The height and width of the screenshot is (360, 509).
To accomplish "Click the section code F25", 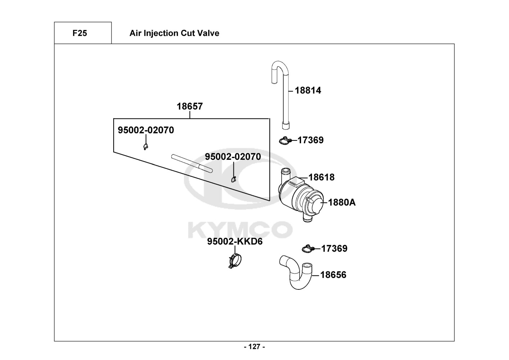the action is [x=79, y=33].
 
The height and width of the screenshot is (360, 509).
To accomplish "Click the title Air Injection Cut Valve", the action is [x=174, y=33].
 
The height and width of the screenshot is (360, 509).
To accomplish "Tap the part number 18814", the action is [x=308, y=90].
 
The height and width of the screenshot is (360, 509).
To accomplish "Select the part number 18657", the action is [x=190, y=107].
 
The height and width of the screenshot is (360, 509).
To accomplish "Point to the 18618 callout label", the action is [x=321, y=177].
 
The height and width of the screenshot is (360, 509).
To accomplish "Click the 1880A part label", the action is [x=342, y=202].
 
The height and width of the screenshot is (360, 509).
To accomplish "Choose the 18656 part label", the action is [x=333, y=275].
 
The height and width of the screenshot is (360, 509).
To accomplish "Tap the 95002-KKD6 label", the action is [x=235, y=242].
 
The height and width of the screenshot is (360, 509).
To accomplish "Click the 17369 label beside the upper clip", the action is [x=310, y=140].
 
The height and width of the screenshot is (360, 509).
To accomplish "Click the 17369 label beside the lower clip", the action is [x=334, y=248].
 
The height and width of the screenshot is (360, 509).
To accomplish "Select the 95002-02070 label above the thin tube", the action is [x=146, y=130].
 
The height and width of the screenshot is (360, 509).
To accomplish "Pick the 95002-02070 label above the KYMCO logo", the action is [x=233, y=157].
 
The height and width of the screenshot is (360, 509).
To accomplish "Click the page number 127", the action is [x=254, y=347].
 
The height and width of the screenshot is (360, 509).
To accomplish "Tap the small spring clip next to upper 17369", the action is [x=285, y=141].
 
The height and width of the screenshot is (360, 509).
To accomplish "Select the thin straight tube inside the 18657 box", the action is [x=192, y=163].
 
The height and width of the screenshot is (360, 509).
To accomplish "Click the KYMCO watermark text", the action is [x=240, y=230].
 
